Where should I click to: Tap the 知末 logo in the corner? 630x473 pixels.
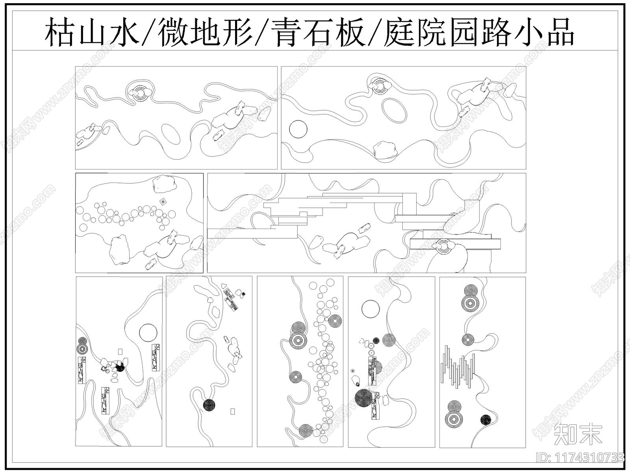578,434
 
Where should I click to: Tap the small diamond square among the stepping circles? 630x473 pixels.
162,202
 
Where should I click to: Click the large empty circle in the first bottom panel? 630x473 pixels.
148,332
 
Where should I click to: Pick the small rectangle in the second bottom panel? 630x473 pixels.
232,412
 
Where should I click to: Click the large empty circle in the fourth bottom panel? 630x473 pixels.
370,309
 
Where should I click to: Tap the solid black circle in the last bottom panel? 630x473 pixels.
485,420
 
